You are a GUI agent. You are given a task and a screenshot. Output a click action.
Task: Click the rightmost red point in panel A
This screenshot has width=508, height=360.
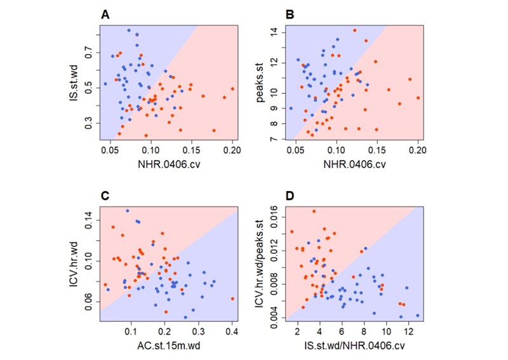[232, 89]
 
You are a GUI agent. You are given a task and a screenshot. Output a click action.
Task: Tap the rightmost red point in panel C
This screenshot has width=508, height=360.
[232, 298]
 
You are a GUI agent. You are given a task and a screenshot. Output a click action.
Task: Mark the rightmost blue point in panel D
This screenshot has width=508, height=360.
[417, 316]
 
